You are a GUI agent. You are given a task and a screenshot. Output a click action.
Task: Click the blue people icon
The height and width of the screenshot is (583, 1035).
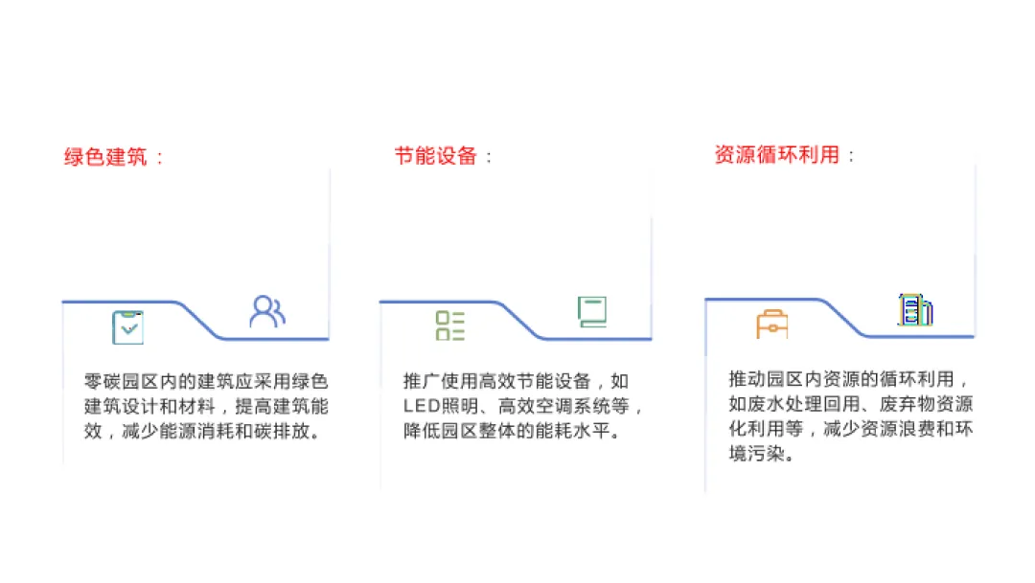coord(267,312)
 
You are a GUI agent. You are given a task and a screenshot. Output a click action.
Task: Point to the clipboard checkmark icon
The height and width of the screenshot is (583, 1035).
coord(127,327)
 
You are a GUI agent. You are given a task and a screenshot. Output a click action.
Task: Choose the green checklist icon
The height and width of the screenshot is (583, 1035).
coord(449,325)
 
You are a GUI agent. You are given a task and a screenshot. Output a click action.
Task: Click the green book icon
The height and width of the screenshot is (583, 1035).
coord(592,312)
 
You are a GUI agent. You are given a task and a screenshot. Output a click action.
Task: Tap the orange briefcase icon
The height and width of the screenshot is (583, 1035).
coord(771,325)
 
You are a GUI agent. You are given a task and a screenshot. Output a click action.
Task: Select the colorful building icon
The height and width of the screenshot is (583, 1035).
coord(915,309)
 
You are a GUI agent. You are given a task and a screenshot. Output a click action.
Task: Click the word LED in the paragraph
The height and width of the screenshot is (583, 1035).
coord(421,407)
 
